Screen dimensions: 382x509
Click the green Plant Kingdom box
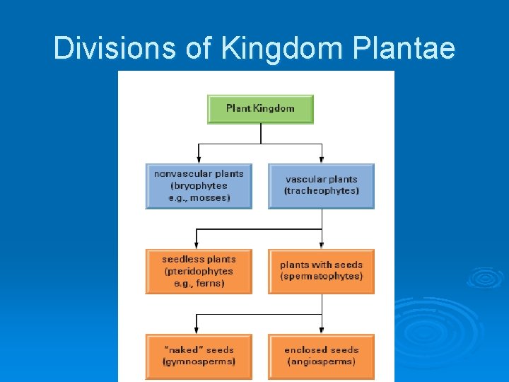260,109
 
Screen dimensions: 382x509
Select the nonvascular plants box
199,186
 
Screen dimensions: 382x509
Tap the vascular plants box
321,186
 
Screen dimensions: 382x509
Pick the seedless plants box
199,271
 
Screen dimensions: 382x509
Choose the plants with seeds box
321,271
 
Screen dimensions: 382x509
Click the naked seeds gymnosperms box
199,356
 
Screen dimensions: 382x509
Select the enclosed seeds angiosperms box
321,356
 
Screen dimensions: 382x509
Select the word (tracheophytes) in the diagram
322,192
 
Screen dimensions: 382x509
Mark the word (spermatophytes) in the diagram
322,277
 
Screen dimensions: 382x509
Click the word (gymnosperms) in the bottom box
199,361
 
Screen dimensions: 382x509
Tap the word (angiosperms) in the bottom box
322,361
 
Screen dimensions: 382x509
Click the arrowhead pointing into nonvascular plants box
199,159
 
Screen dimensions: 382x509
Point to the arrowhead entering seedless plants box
199,245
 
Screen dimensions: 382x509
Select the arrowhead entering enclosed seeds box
322,330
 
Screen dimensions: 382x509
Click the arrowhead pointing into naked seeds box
199,330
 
